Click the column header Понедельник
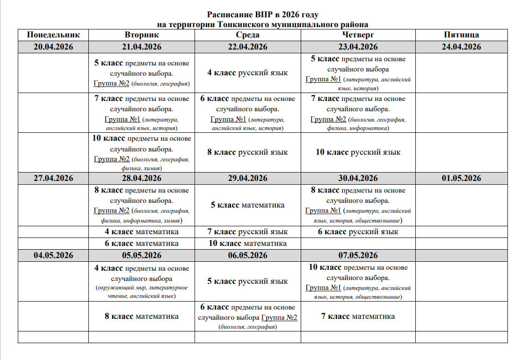[x=53, y=35]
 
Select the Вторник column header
[x=141, y=35]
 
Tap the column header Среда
[x=247, y=35]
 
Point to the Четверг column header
[x=358, y=35]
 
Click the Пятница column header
[x=461, y=35]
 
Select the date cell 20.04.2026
[x=53, y=47]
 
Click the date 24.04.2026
[x=461, y=47]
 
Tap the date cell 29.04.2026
[x=247, y=178]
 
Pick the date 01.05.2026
[x=461, y=178]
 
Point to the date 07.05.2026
[x=358, y=255]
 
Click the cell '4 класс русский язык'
[x=247, y=72]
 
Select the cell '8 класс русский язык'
[x=247, y=152]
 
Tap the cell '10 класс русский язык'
[x=358, y=152]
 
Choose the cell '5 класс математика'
[x=247, y=205]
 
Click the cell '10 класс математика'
[x=247, y=244]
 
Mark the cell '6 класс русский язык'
[x=358, y=232]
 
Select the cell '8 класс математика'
[x=141, y=317]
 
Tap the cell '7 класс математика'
[x=358, y=317]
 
